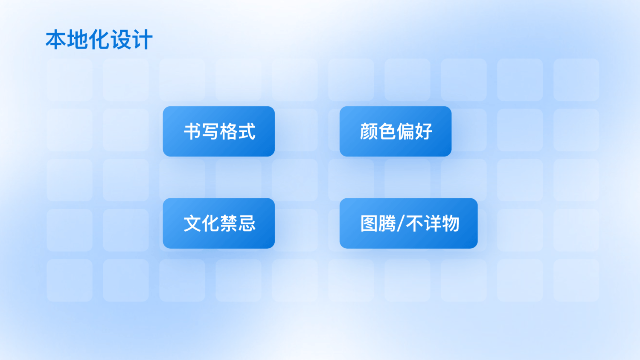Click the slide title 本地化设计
coord(99,39)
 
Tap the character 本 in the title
coord(56,39)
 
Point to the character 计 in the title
coord(142,39)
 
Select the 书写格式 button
coord(219,131)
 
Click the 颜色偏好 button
coord(396,131)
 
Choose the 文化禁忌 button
coord(219,223)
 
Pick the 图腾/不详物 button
coord(409,223)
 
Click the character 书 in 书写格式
coord(192,131)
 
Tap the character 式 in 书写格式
coord(246,131)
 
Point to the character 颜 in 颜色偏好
coord(369,131)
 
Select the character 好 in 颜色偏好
coord(423,131)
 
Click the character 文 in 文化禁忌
coord(192,223)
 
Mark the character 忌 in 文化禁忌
coord(247,223)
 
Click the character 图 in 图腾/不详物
coord(369,223)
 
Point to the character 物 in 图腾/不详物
coord(450,223)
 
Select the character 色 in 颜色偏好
coord(387,131)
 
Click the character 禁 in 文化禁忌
coord(228,223)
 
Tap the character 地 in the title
coord(78,39)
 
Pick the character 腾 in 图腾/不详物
coord(387,223)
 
